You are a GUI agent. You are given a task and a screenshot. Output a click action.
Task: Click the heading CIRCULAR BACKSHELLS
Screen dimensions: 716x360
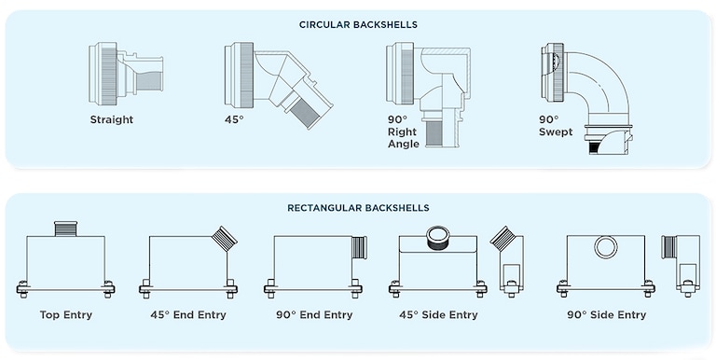(x=358, y=23)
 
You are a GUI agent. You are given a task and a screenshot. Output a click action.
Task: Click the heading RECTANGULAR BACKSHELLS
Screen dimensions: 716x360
(x=358, y=207)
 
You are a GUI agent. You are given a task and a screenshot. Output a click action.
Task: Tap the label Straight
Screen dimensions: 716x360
(x=112, y=119)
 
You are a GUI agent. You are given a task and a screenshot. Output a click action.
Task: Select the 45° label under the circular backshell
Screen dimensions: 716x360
(x=234, y=119)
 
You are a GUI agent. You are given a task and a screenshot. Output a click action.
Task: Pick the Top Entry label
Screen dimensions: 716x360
(x=64, y=315)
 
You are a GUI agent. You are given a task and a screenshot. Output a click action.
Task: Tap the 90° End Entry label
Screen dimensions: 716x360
(x=313, y=315)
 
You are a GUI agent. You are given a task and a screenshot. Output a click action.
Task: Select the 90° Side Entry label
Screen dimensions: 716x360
(x=606, y=315)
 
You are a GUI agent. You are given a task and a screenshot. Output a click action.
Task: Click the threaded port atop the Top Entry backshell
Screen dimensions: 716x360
(x=64, y=228)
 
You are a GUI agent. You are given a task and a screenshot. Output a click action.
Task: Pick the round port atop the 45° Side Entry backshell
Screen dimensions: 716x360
(x=438, y=237)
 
